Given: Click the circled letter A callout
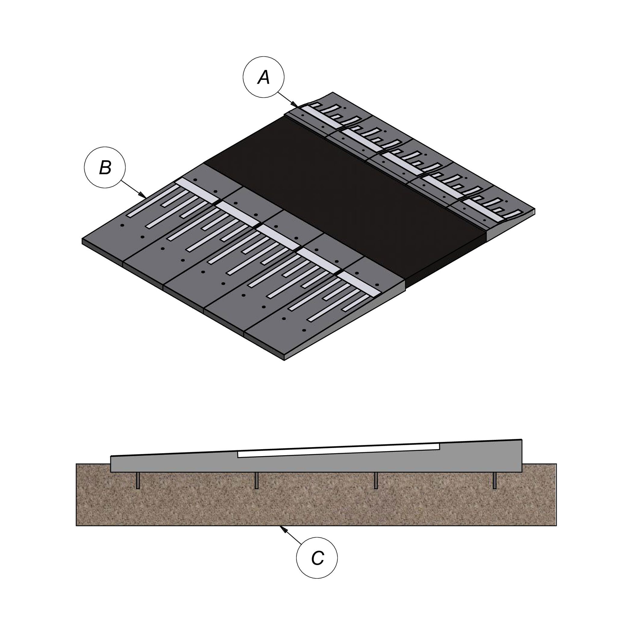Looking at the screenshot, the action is coord(264,77).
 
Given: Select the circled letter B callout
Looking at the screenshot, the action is coord(105,167).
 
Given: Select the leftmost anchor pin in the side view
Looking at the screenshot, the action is coord(138,481).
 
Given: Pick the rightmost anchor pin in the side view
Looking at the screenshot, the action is coord(494,481).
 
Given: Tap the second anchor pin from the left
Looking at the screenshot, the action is coord(256,481).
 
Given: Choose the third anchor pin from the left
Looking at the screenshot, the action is coord(376,481).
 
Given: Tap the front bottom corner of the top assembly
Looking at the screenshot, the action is coord(284,360).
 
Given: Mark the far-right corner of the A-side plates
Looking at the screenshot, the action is coord(535,209).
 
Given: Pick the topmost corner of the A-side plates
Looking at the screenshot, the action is coord(333,92).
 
